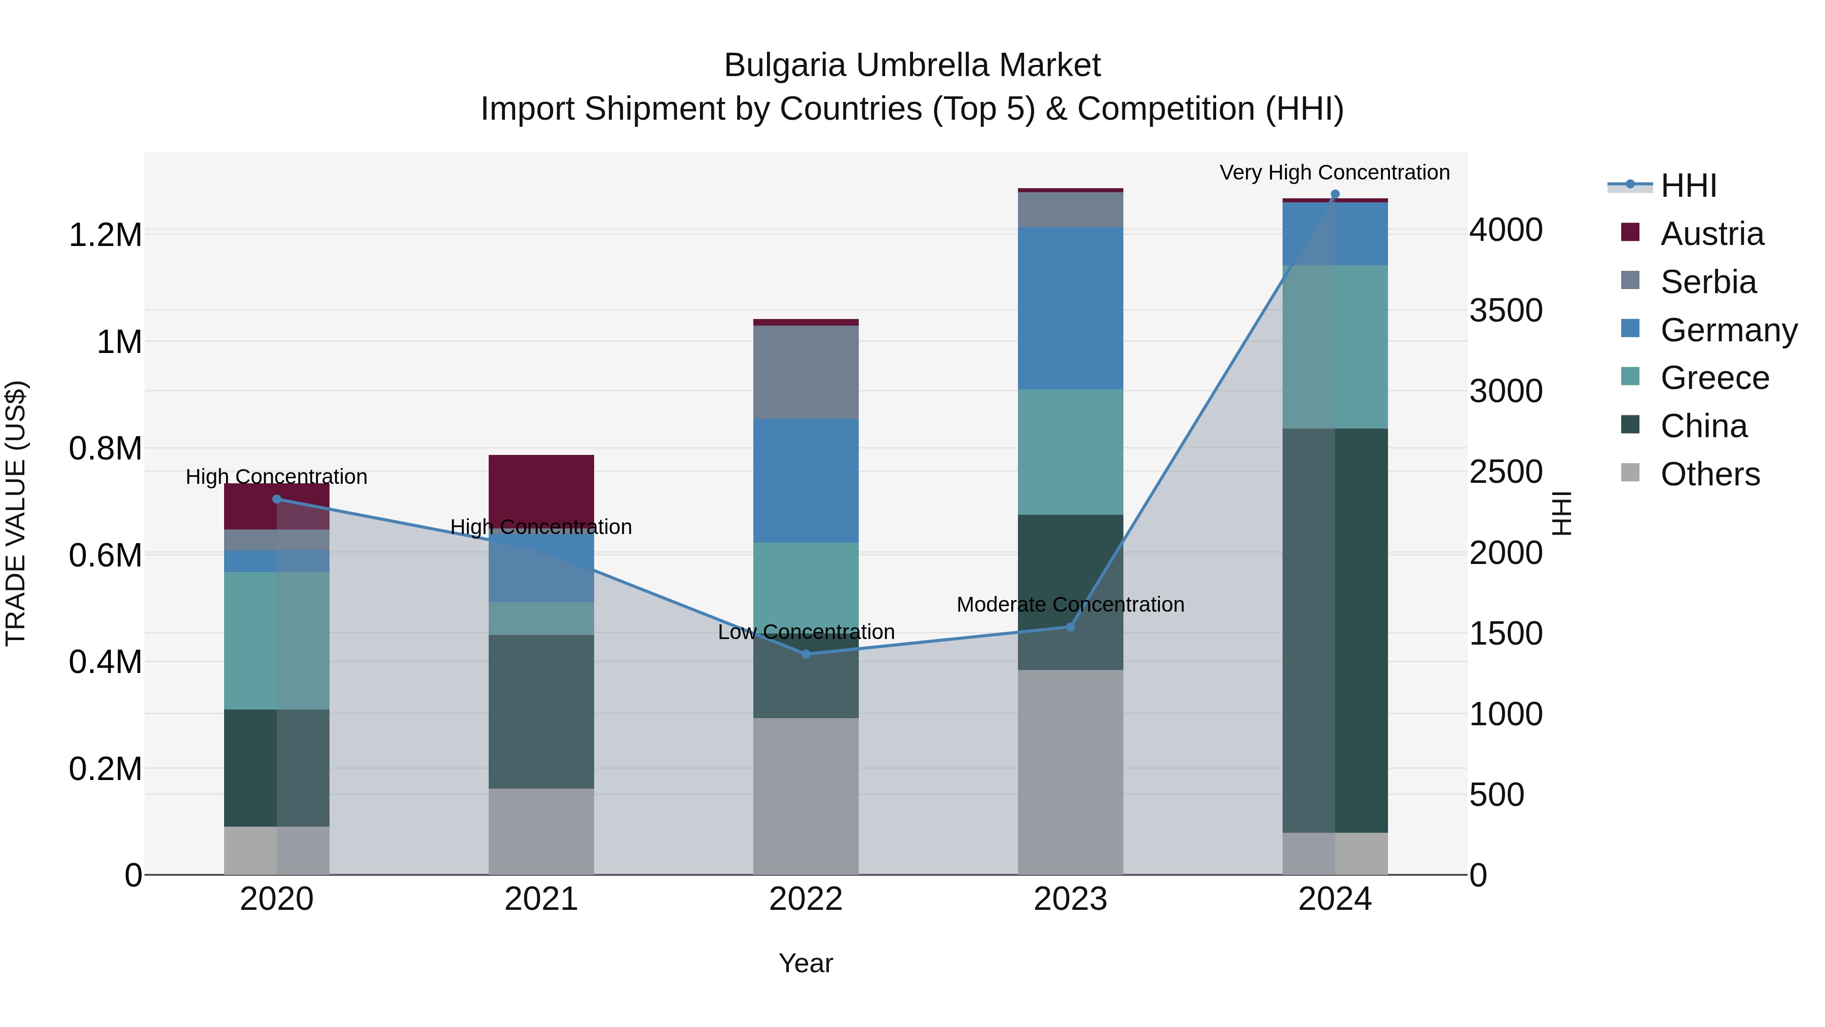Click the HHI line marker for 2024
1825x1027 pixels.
(x=1335, y=194)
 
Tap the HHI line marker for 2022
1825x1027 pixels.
(x=806, y=654)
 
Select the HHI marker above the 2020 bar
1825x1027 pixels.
(x=277, y=499)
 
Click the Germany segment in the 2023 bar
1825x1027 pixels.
(x=1070, y=308)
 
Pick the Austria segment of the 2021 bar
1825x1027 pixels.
(x=541, y=489)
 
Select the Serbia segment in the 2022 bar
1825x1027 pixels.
(x=806, y=372)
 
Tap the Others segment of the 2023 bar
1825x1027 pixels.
(x=1070, y=772)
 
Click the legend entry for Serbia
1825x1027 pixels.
(x=1707, y=282)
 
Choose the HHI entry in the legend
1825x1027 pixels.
(x=1688, y=186)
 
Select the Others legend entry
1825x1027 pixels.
(x=1709, y=474)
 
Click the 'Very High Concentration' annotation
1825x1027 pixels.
(x=1334, y=172)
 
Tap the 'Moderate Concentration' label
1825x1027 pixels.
(x=1070, y=605)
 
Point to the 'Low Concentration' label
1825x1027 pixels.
(x=806, y=631)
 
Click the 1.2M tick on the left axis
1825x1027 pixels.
(x=105, y=235)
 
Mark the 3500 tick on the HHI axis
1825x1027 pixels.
(x=1506, y=310)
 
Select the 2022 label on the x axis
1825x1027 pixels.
(x=806, y=899)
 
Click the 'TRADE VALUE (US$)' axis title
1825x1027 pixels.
(x=16, y=513)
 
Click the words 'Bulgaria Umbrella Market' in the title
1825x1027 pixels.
(x=912, y=65)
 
